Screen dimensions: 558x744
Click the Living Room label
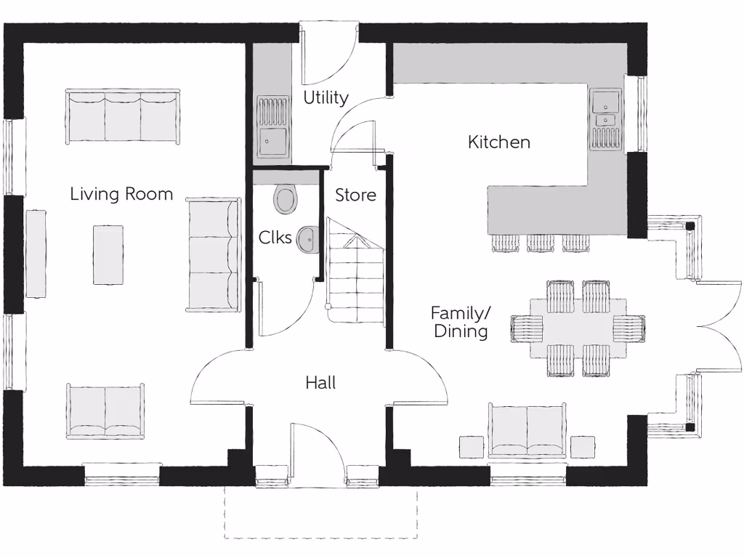click(x=121, y=194)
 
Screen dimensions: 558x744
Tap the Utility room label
click(x=325, y=97)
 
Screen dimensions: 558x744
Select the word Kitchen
click(x=498, y=142)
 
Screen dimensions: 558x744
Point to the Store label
click(x=355, y=195)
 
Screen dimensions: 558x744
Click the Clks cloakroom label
click(x=275, y=238)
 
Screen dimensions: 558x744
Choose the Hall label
click(x=320, y=383)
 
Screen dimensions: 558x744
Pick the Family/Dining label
click(x=461, y=322)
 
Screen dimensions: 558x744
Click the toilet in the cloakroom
click(x=286, y=198)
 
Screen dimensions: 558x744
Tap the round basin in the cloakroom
click(x=308, y=238)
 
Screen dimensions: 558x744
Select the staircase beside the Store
click(x=355, y=272)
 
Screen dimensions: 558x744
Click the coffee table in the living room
click(x=108, y=254)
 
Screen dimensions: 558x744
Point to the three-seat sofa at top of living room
click(x=122, y=117)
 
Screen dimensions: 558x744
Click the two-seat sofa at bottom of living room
click(x=105, y=411)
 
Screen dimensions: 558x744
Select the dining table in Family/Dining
click(x=578, y=328)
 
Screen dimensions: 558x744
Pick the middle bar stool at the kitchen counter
click(x=541, y=242)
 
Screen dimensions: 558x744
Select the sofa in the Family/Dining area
click(x=527, y=430)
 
